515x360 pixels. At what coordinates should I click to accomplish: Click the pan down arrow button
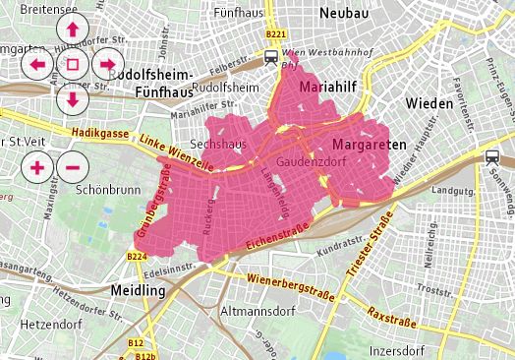point(72,98)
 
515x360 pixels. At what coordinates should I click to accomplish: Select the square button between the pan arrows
point(72,65)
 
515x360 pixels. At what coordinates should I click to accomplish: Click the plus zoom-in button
point(37,166)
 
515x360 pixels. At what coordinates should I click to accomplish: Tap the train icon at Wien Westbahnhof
point(271,57)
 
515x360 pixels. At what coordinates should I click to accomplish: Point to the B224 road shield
point(138,257)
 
